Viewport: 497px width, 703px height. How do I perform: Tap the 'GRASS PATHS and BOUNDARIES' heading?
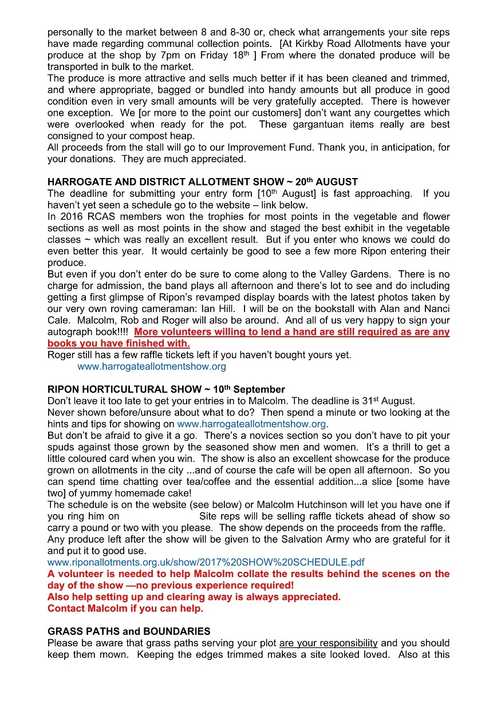(129, 631)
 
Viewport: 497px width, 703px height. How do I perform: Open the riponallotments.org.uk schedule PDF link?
(206, 562)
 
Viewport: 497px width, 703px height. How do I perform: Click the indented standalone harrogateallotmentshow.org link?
(152, 366)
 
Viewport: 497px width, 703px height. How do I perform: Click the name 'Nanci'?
(436, 309)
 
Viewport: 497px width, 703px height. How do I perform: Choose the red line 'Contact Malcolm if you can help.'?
(125, 609)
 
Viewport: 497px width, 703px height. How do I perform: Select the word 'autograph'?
(67, 332)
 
